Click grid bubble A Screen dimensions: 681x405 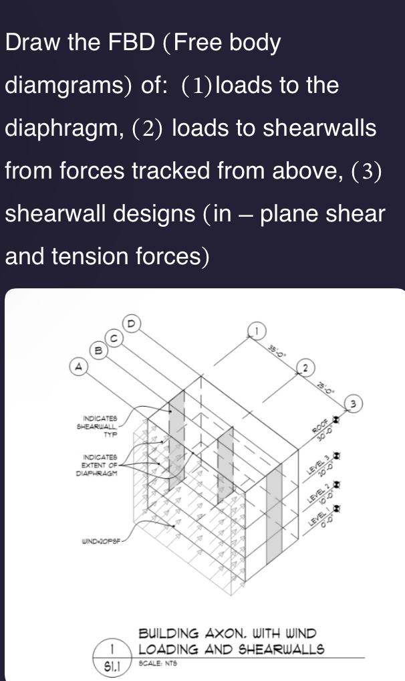[80, 366]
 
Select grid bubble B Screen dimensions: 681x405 [98, 349]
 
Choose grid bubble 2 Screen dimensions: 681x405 [305, 368]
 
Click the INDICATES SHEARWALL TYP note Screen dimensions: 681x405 [100, 425]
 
